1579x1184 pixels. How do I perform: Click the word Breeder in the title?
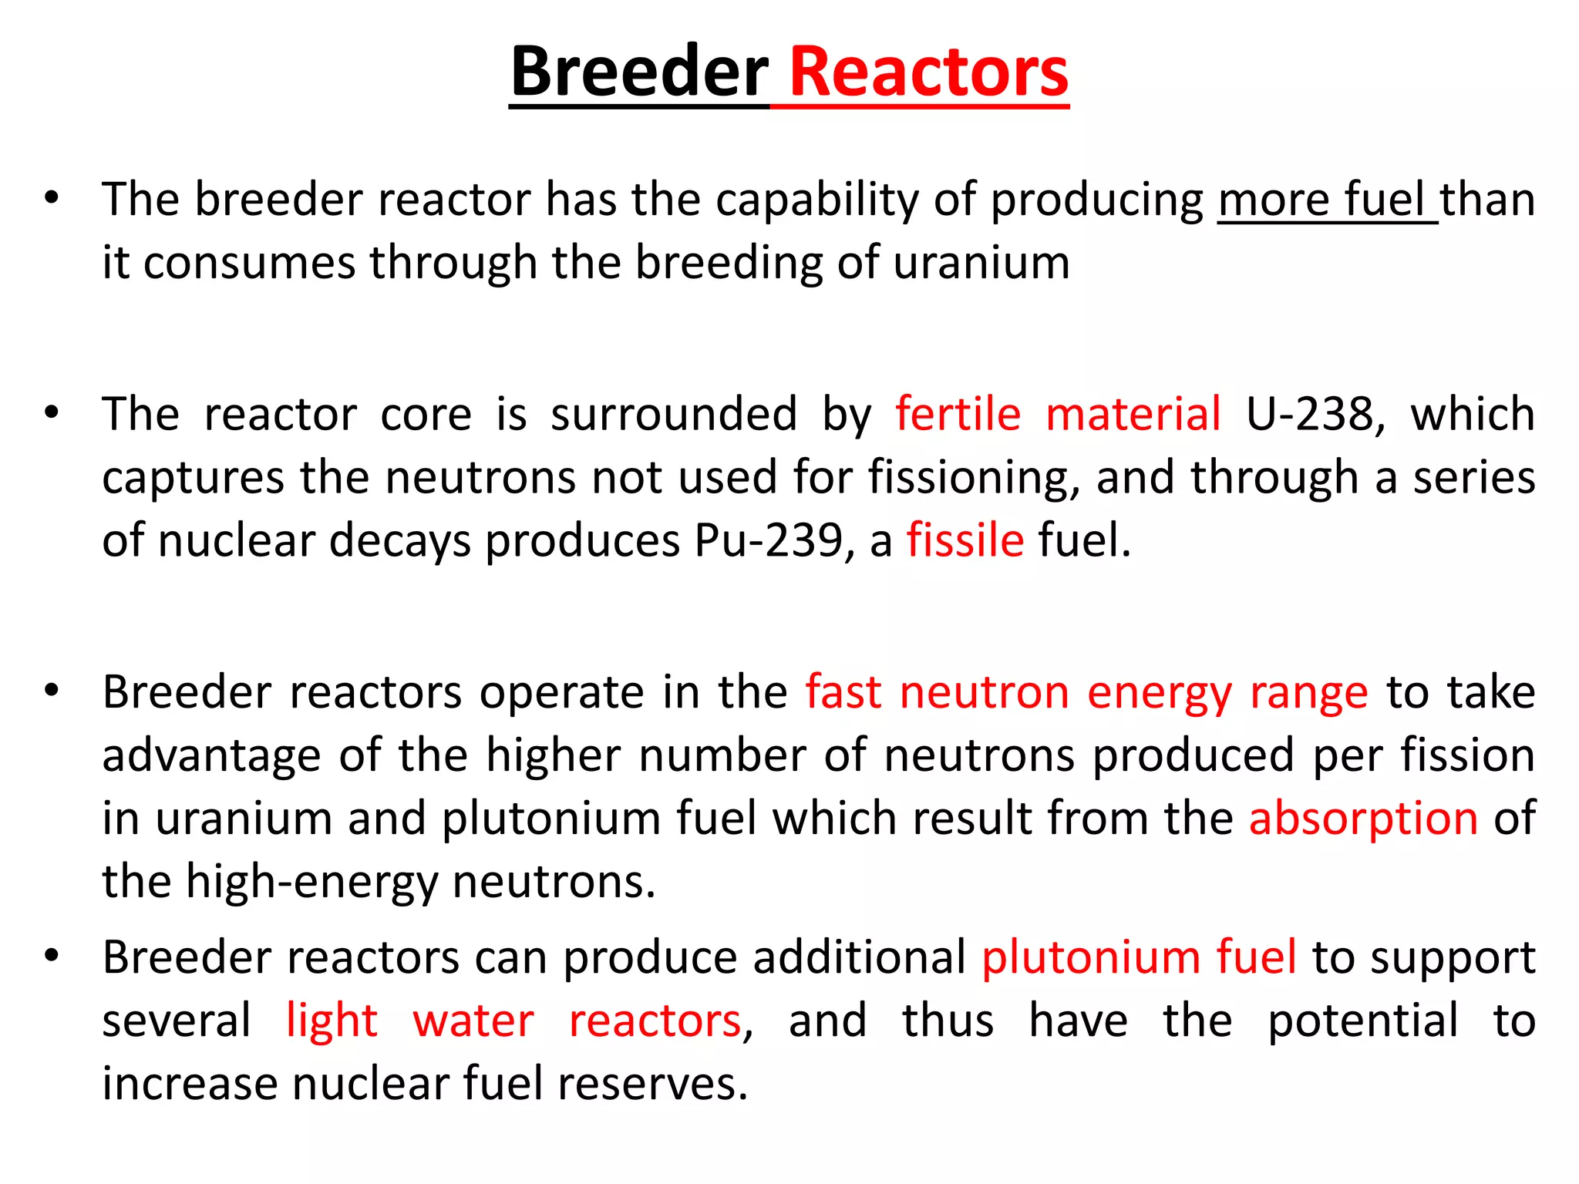(638, 72)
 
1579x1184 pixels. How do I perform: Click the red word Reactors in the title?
(929, 72)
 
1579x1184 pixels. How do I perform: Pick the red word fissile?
(965, 540)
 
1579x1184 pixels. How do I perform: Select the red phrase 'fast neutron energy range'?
(1086, 692)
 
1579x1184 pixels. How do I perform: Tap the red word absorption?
(1363, 819)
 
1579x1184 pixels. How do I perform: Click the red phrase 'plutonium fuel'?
(1139, 958)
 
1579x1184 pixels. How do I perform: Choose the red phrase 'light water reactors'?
(513, 1021)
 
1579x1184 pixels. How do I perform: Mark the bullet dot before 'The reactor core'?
(52, 412)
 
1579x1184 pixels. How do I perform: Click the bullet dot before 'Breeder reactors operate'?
(52, 691)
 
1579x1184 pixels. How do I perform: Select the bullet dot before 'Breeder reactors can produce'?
(52, 957)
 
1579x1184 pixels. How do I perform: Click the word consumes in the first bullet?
(249, 263)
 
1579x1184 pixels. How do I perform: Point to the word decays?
(399, 540)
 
